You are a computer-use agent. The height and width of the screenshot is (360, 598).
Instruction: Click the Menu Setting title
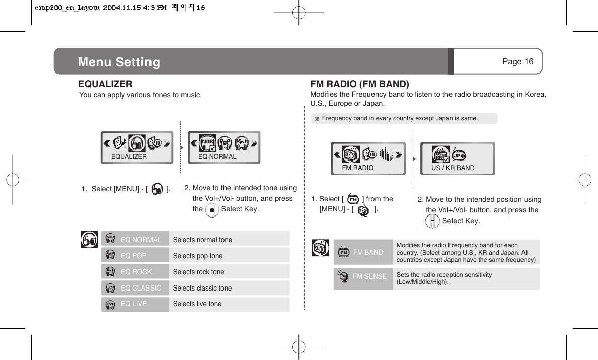click(x=119, y=62)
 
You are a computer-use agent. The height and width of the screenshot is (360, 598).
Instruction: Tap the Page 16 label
click(x=517, y=61)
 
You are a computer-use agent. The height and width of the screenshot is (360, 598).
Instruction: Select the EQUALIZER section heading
click(x=105, y=84)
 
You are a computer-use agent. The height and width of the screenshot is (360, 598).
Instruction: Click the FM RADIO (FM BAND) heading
click(x=360, y=84)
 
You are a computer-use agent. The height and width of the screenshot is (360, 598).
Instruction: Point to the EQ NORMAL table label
click(x=141, y=240)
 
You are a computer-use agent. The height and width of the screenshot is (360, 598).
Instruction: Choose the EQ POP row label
click(x=134, y=256)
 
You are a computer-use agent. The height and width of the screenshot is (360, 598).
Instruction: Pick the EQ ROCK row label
click(x=136, y=272)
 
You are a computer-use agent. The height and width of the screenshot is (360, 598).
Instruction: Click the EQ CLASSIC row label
click(x=141, y=288)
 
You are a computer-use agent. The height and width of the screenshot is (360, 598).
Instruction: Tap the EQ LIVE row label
click(x=134, y=304)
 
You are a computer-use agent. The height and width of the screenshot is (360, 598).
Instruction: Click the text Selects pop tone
click(x=197, y=256)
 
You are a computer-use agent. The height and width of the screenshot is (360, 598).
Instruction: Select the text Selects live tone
click(x=197, y=304)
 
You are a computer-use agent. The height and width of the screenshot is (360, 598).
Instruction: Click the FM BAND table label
click(x=368, y=252)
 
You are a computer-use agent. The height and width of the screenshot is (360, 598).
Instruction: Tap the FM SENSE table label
click(x=369, y=276)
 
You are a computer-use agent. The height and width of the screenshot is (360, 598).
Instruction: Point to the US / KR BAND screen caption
click(x=453, y=168)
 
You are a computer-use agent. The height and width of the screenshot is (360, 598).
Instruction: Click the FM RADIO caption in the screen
click(x=357, y=168)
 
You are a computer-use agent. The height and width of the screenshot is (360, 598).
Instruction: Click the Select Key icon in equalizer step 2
click(x=212, y=209)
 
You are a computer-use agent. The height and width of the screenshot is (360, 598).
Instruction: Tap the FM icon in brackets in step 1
click(x=353, y=199)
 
